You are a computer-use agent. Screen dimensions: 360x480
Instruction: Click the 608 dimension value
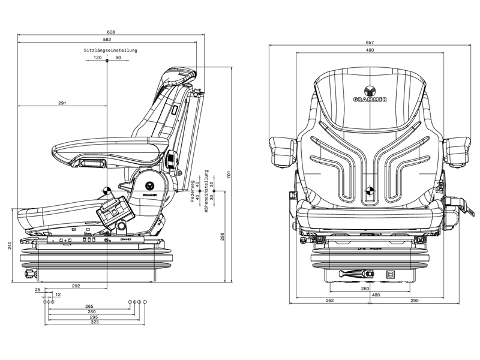pyautogui.click(x=111, y=32)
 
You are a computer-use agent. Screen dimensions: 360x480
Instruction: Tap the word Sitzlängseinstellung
pyautogui.click(x=111, y=50)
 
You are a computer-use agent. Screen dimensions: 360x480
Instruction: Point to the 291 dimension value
pyautogui.click(x=62, y=103)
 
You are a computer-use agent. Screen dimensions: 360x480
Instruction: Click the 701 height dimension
pyautogui.click(x=229, y=174)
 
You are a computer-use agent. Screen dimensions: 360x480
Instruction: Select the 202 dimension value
pyautogui.click(x=76, y=286)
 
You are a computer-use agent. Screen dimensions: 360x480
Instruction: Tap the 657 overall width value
pyautogui.click(x=370, y=42)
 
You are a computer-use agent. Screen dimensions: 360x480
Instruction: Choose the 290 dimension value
pyautogui.click(x=413, y=301)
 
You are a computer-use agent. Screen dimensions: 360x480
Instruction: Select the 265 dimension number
pyautogui.click(x=90, y=306)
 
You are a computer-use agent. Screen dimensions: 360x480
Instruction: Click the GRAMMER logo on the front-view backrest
pyautogui.click(x=370, y=94)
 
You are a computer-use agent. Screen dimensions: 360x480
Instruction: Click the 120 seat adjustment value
pyautogui.click(x=98, y=58)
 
